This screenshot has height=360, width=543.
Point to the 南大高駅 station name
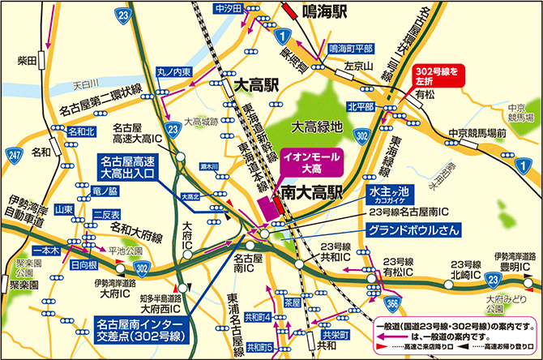pos(312,194)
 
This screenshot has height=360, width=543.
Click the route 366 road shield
pos(392,302)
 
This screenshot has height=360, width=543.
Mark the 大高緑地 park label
pos(318,126)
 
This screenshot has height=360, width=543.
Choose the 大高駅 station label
pos(257,84)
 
